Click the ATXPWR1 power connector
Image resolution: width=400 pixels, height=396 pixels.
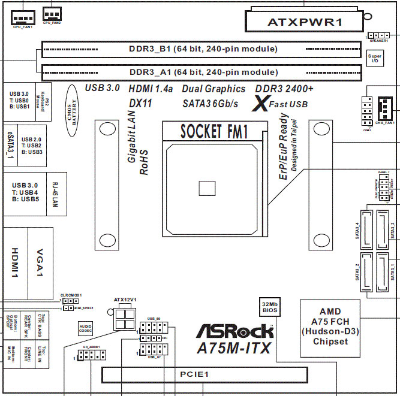point(304,22)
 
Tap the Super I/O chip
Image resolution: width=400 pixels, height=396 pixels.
point(374,58)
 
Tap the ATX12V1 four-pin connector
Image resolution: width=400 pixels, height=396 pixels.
point(125,317)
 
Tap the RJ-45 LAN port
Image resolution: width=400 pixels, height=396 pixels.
point(55,191)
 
